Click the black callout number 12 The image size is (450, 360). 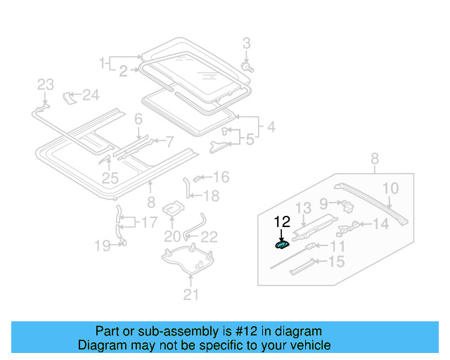(x=282, y=221)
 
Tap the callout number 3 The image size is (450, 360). (x=246, y=44)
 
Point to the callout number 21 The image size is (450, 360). (x=191, y=295)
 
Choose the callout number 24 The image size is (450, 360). (x=91, y=95)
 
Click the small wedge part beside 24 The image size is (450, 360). (x=70, y=96)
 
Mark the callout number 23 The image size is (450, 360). (x=45, y=85)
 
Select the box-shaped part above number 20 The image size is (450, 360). (x=173, y=209)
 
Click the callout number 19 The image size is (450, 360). (x=103, y=245)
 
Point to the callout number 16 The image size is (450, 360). (x=221, y=176)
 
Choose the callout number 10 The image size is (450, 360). (x=390, y=188)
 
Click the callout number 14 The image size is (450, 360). (x=380, y=224)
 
